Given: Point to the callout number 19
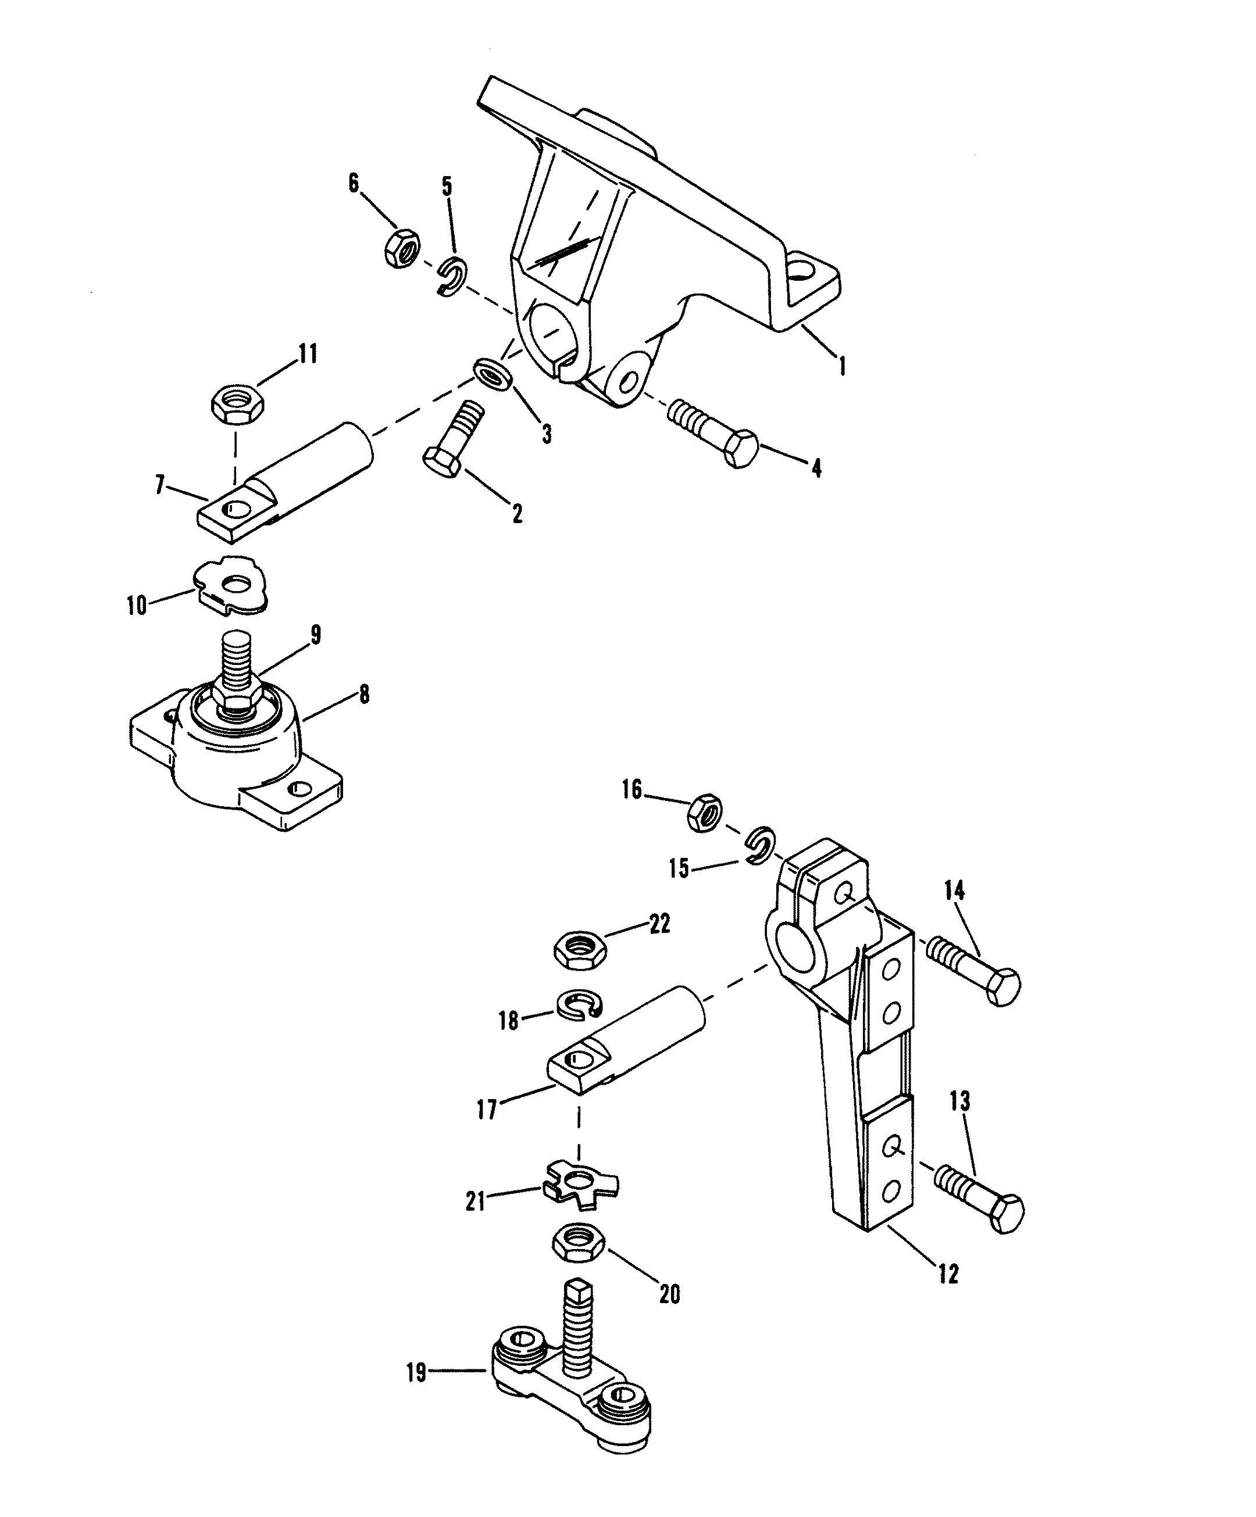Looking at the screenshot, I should pos(417,1372).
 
